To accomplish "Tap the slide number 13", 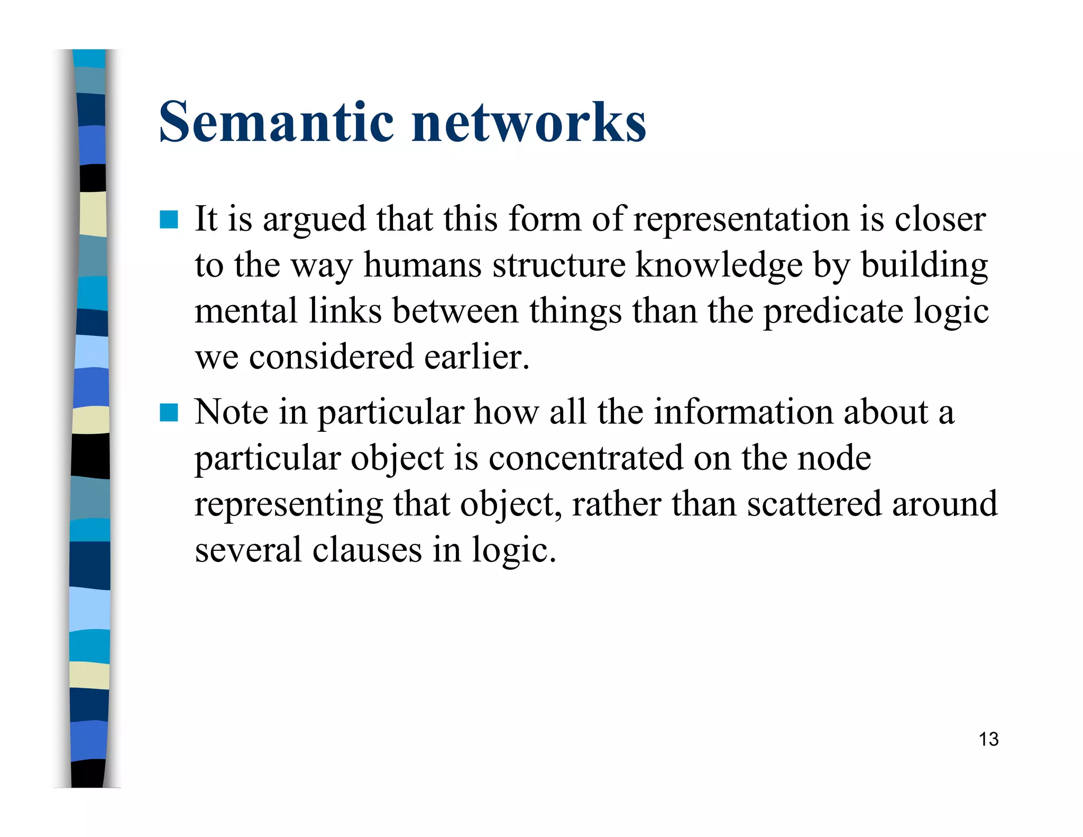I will pos(988,739).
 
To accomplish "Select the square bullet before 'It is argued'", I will pos(169,220).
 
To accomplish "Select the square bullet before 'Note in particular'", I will pos(169,413).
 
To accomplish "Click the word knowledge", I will pos(719,265).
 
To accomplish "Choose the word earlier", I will pos(476,357).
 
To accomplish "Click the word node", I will pos(834,458).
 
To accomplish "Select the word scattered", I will pos(814,504).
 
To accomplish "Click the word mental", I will pos(245,311).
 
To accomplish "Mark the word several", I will pos(248,550).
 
